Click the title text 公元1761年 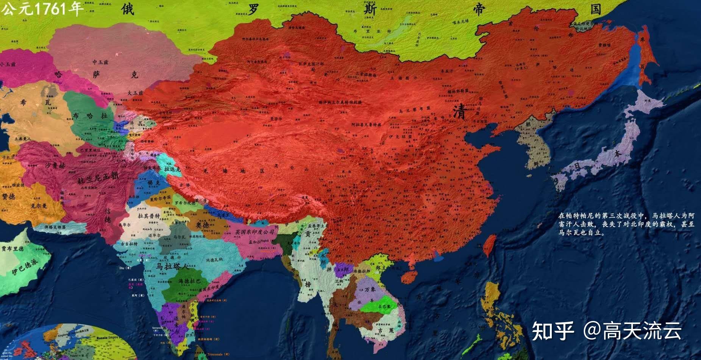tap(42, 8)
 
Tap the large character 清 tap(459, 111)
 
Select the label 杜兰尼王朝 tap(98, 177)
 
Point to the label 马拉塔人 tap(172, 266)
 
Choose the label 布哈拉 tap(90, 116)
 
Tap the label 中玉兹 tap(100, 62)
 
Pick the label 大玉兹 tap(135, 93)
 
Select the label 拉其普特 tap(149, 216)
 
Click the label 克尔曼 tap(39, 206)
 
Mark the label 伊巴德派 tap(25, 267)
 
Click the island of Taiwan tap(490, 244)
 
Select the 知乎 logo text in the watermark tap(553, 330)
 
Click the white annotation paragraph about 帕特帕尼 tap(626, 224)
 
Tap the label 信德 tap(108, 215)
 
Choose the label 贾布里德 tap(12, 249)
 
